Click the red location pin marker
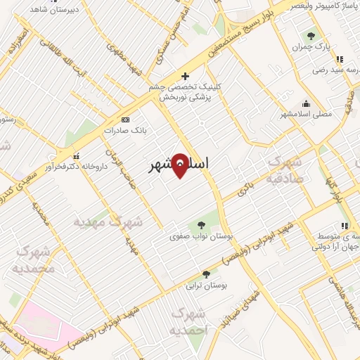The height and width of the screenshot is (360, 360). coord(180,165)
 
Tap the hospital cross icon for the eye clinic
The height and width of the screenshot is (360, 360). coord(185,76)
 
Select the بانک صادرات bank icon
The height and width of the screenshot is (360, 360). coord(126,120)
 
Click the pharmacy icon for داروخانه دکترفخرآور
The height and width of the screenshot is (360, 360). coord(76,156)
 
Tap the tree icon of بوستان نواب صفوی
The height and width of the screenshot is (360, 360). coord(201,225)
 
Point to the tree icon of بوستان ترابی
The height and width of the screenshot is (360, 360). coord(206,274)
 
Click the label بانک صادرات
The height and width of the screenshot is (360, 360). coord(123,131)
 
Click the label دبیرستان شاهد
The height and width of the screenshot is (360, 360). coord(56,11)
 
